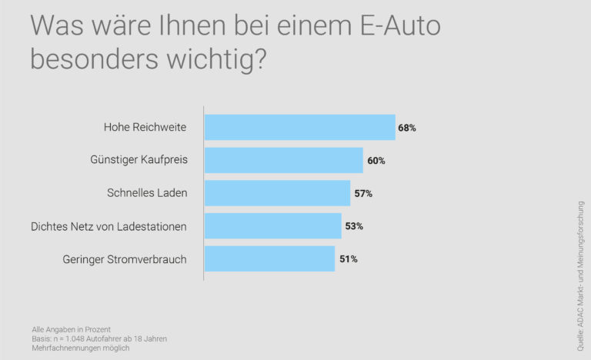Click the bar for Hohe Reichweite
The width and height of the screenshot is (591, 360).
[299, 127]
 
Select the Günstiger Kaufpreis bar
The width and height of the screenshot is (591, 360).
[283, 160]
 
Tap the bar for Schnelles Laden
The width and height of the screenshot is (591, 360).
[277, 193]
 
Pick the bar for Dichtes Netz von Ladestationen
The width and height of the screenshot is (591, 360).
[272, 226]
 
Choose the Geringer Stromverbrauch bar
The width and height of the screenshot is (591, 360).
[269, 259]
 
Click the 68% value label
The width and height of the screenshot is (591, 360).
[407, 128]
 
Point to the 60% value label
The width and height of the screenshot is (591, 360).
[376, 161]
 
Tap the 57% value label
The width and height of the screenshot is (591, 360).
[363, 194]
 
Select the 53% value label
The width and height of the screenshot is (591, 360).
[354, 226]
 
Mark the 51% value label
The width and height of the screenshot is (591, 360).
[348, 259]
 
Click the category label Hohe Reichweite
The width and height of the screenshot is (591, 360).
[145, 128]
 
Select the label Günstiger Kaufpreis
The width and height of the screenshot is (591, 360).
[139, 161]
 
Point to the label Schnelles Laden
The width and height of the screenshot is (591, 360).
[147, 194]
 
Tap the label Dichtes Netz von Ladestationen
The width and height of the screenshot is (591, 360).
[109, 227]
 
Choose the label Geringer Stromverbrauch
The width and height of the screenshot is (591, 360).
[125, 260]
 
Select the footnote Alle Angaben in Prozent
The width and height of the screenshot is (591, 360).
[72, 329]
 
